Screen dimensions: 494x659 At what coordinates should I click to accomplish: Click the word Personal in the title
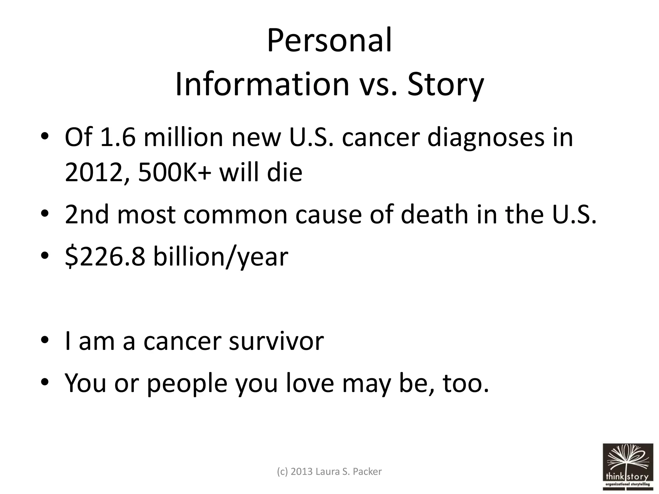tap(329, 41)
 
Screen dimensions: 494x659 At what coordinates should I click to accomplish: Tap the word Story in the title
tap(445, 84)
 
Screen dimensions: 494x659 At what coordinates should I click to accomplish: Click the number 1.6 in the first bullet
tap(118, 137)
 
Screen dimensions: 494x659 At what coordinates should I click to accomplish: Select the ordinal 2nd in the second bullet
tap(87, 215)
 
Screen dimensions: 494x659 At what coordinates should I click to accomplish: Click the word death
tap(435, 215)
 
